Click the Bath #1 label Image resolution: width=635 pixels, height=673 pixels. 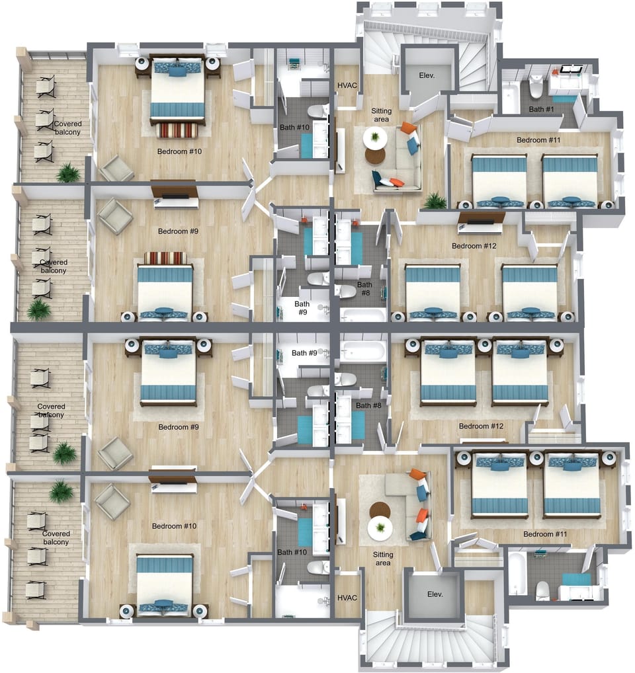541,110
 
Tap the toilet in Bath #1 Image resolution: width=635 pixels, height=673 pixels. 536,87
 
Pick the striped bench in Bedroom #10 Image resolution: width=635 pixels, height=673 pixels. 177,130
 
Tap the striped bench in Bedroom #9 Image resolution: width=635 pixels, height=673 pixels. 165,257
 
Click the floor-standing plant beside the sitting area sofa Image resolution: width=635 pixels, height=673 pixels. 435,200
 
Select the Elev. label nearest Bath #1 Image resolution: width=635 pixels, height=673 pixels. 427,76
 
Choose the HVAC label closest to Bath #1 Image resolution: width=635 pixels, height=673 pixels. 347,86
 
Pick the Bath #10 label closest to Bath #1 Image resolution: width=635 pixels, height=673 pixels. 294,127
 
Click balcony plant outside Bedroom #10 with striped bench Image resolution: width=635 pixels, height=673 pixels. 67,173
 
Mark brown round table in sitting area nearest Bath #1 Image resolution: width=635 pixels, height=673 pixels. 375,156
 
